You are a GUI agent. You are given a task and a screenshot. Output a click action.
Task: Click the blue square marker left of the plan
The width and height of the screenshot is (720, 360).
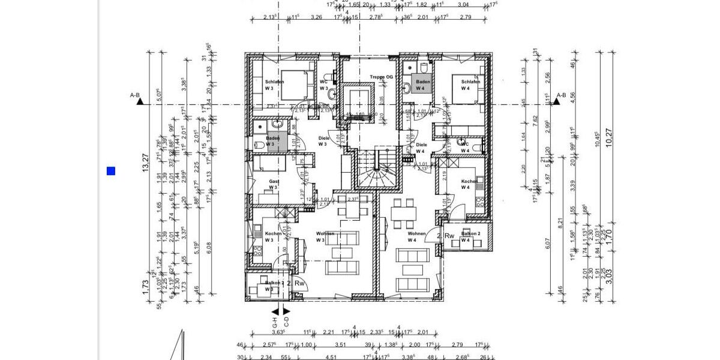pos(110,171)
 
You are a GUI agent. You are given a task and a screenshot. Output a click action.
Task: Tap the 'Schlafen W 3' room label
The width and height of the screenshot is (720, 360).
pos(274,85)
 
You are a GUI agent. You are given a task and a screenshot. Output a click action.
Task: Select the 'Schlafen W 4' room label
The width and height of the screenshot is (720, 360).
pos(470,85)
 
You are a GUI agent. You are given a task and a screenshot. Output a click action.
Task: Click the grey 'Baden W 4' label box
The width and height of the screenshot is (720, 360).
pos(422,85)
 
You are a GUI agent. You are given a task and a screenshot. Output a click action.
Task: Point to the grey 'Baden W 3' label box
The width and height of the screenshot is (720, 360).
pos(273,141)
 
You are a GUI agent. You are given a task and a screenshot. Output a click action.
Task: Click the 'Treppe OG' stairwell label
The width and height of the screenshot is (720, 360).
pos(381,77)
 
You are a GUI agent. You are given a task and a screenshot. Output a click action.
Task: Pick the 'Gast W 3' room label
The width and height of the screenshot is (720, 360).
pos(274,184)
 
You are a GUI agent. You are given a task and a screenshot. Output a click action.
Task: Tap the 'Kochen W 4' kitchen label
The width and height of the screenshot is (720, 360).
pos(469,184)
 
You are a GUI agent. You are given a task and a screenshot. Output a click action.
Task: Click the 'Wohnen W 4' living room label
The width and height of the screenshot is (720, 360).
pos(416,237)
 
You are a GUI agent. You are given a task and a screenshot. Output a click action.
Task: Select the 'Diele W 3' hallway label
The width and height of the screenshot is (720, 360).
pos(323,141)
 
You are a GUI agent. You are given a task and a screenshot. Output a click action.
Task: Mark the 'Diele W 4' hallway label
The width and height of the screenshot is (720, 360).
pos(421,148)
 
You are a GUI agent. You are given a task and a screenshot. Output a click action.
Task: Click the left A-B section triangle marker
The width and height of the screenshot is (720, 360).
pos(140,101)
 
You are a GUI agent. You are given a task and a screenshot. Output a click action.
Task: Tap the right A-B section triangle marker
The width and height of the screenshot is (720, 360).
pos(556,101)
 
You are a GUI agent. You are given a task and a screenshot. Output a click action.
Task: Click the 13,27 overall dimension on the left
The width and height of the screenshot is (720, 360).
pos(145,163)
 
